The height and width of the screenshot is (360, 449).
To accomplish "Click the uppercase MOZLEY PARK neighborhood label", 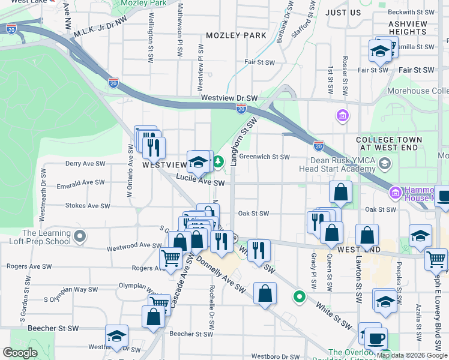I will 235,35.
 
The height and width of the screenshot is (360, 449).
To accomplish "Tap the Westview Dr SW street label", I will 229,98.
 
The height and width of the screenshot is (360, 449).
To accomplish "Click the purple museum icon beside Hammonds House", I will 396,193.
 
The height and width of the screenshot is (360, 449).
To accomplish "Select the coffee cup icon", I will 376,338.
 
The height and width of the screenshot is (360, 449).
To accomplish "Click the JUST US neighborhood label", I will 343,12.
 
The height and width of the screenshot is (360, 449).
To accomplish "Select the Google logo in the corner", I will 20,353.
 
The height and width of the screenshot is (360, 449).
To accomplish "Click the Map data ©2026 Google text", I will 412,355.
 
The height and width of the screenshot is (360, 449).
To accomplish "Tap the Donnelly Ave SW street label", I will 221,277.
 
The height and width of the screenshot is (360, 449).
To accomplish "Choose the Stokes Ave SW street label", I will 88,205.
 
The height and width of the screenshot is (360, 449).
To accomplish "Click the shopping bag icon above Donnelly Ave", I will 264,294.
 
